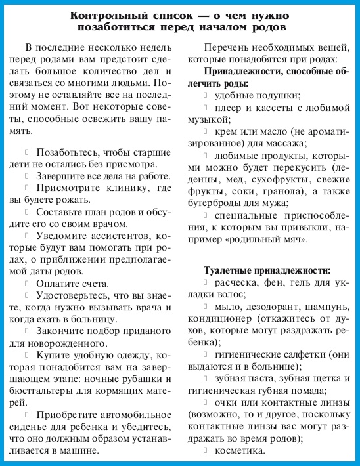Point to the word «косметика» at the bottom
[243, 451]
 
